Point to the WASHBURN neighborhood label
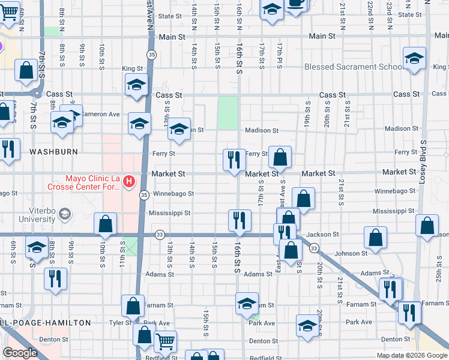click(53, 152)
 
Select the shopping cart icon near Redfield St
click(165, 342)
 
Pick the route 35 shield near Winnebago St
click(144, 195)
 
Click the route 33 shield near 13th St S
click(159, 235)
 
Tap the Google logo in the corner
click(20, 353)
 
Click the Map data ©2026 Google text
click(412, 355)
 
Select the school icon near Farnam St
click(247, 304)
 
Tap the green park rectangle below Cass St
click(228, 113)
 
